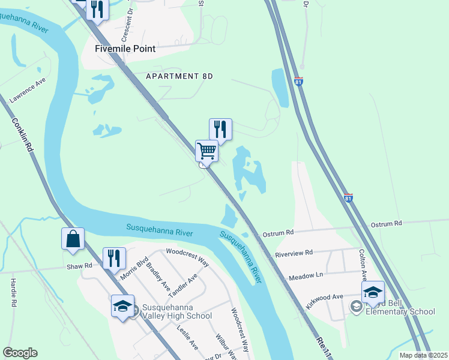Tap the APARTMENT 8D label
[179, 76]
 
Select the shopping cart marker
[206, 151]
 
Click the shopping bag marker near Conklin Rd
[73, 238]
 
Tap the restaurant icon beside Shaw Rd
[114, 258]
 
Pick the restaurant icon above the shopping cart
[220, 129]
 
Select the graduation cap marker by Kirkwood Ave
[373, 292]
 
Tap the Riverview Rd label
[294, 253]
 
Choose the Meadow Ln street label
[306, 277]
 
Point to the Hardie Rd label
[13, 293]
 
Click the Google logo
[20, 353]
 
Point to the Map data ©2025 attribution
[423, 355]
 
